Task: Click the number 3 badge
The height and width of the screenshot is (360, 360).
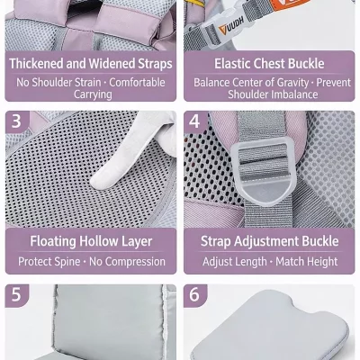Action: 17,122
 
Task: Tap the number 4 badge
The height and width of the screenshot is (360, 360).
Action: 195,122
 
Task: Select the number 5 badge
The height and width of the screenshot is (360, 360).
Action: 17,295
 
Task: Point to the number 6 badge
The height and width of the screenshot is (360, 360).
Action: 195,295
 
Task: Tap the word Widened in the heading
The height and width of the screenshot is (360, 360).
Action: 112,64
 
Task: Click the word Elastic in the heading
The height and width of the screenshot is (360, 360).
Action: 232,64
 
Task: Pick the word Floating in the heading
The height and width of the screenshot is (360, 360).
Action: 53,241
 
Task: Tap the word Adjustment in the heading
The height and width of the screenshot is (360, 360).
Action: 266,241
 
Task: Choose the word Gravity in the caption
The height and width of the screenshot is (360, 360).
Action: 293,83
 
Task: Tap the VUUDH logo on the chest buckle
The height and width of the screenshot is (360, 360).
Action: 230,26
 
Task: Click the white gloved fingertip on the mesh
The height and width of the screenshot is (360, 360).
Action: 97,181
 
